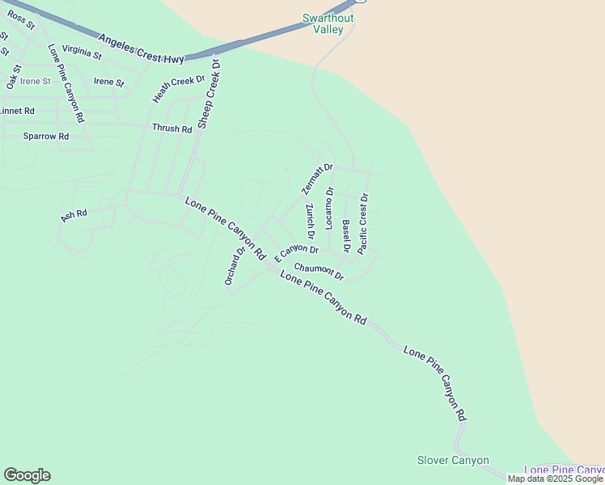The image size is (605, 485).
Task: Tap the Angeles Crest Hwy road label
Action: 142,48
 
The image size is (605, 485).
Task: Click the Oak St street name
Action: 13,78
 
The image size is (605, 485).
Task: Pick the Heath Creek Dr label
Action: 180,89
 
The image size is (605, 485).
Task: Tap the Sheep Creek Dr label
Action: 209,93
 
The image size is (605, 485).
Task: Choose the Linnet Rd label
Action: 17,111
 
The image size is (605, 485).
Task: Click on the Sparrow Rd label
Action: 45,137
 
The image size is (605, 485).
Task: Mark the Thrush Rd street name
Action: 172,129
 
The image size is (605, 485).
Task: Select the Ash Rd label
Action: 74,216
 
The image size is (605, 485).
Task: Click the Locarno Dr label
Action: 330,209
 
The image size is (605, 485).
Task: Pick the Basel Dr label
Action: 345,236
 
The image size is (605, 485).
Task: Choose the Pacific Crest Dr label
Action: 363,223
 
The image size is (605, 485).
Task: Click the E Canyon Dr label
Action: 296,252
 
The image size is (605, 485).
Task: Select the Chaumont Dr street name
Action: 319,272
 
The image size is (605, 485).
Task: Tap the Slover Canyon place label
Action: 453,461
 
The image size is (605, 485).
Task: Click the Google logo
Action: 27,475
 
